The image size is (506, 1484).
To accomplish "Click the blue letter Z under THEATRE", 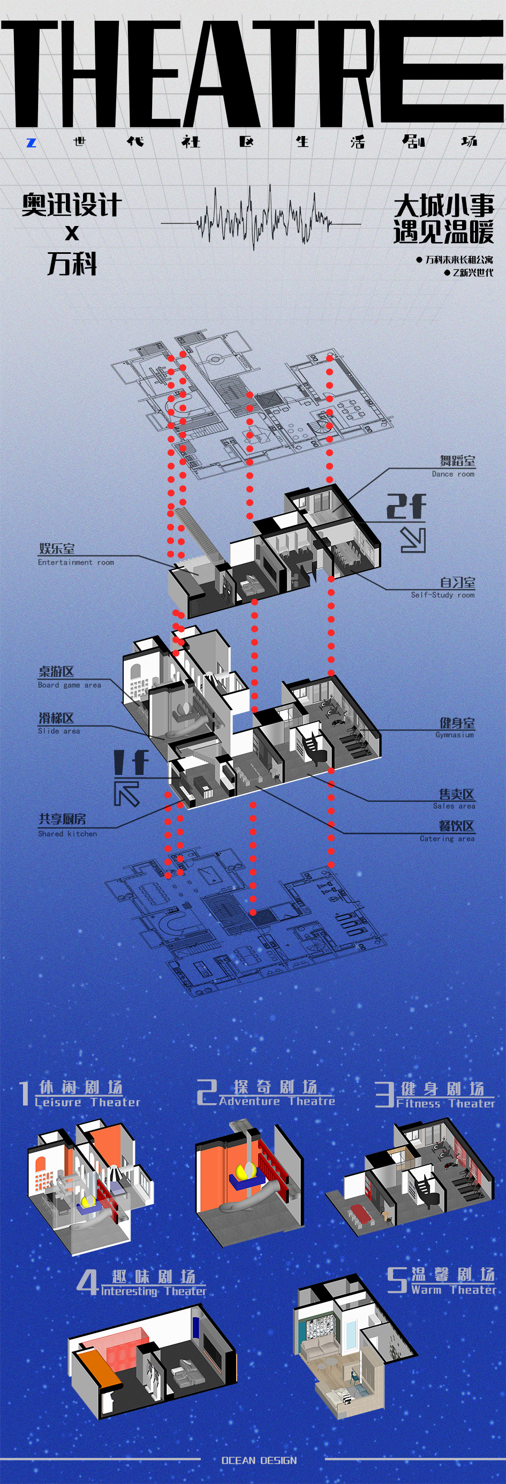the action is coord(31,142).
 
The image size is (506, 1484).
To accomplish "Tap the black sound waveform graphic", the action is coord(263,218).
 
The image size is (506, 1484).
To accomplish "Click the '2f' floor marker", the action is coord(406,507).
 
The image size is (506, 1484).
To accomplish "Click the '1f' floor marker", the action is coord(131,762).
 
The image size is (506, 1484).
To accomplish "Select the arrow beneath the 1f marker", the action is coord(127,792).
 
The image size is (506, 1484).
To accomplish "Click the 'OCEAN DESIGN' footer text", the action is coord(259,1460).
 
